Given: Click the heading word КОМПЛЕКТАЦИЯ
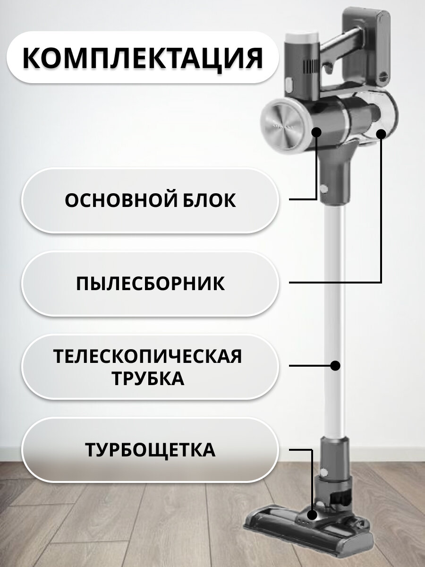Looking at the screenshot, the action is pyautogui.click(x=142, y=58).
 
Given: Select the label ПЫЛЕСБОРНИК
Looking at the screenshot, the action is pyautogui.click(x=150, y=283).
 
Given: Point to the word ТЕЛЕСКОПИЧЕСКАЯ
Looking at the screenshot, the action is pyautogui.click(x=148, y=356).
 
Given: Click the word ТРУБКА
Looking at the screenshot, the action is pyautogui.click(x=148, y=378).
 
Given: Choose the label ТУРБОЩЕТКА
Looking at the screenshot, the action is pyautogui.click(x=150, y=450).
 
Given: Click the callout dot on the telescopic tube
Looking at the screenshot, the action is pyautogui.click(x=335, y=366).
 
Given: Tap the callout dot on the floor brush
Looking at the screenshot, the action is pyautogui.click(x=312, y=515).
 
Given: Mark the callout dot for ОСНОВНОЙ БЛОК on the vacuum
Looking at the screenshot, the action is pyautogui.click(x=316, y=132).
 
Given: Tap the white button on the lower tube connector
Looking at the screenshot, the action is pyautogui.click(x=323, y=472).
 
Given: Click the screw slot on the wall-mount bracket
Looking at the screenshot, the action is pyautogui.click(x=383, y=76).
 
